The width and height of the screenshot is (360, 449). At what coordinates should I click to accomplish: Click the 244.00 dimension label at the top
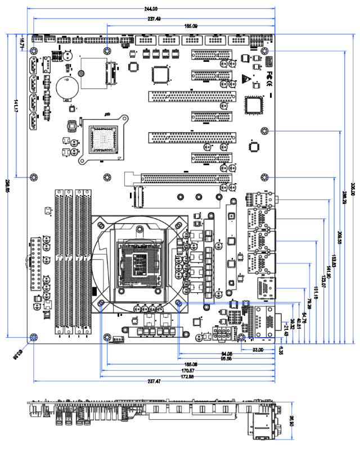pos(151,8)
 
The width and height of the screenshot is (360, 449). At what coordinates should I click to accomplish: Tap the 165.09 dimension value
pos(191,26)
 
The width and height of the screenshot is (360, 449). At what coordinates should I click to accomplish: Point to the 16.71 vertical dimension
pos(21,41)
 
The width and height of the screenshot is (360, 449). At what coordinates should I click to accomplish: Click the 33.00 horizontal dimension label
pos(258,350)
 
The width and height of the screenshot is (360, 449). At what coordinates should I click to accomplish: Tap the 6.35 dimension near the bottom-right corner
pos(281,350)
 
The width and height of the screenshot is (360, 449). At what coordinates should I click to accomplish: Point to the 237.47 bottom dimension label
pos(154,382)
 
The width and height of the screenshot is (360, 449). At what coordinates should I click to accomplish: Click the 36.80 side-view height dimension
pos(291,419)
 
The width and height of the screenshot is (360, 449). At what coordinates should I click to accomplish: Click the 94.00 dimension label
pos(226,354)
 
